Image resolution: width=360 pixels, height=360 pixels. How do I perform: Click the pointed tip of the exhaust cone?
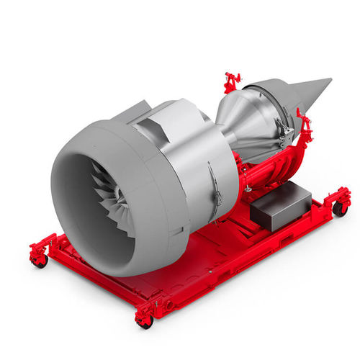(329, 81)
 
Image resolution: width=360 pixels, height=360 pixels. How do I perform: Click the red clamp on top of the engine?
(231, 81)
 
